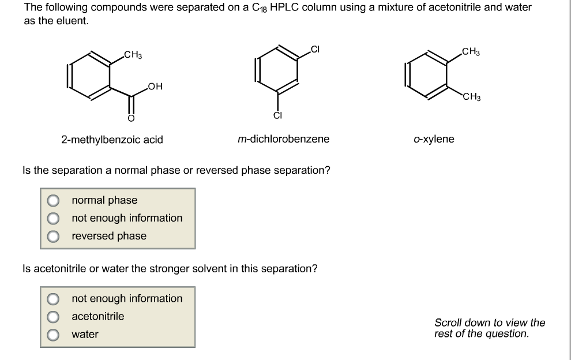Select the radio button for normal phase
[53, 201]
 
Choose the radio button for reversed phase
[53, 236]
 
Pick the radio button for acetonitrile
[53, 317]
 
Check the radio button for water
[53, 335]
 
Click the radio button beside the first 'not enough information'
[53, 218]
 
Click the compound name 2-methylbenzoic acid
[112, 140]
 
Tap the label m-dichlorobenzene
[283, 139]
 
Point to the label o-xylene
[434, 139]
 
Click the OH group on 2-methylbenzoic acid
[154, 87]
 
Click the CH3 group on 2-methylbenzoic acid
[133, 55]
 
